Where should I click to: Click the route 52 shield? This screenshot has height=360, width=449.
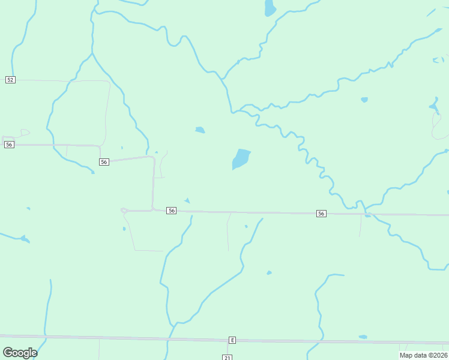(x=10, y=80)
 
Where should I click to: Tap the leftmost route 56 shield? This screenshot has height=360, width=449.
(x=8, y=145)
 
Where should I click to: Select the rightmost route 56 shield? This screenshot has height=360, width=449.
(x=321, y=214)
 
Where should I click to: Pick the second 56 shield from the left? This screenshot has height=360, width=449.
(x=104, y=162)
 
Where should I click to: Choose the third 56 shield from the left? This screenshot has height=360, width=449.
(x=172, y=211)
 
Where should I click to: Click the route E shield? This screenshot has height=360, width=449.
(x=232, y=340)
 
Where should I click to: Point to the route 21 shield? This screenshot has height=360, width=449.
(x=227, y=358)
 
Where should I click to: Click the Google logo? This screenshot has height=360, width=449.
(x=20, y=353)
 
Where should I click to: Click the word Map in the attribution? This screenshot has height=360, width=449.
(x=406, y=355)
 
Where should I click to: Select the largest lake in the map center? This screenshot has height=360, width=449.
(x=240, y=159)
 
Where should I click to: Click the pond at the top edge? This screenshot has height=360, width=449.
(x=270, y=8)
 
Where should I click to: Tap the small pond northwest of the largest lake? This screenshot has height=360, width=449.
(x=200, y=130)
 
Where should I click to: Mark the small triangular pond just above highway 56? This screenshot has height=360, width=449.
(x=187, y=200)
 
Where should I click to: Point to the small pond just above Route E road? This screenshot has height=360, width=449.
(x=363, y=337)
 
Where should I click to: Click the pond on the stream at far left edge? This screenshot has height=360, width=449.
(x=24, y=239)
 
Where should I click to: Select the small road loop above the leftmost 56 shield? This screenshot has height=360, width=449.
(x=24, y=133)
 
